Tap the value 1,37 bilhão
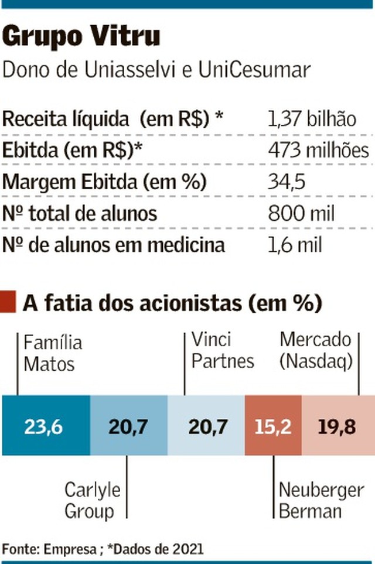coord(311,119)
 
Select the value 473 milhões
coord(318,151)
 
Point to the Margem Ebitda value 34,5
coord(287,182)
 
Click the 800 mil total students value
coord(301,213)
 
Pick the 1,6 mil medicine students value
coord(294,245)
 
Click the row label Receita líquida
coord(65,119)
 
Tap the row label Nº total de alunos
coord(80,213)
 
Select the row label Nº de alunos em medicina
coord(114,245)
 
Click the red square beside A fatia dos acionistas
coord(9,304)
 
